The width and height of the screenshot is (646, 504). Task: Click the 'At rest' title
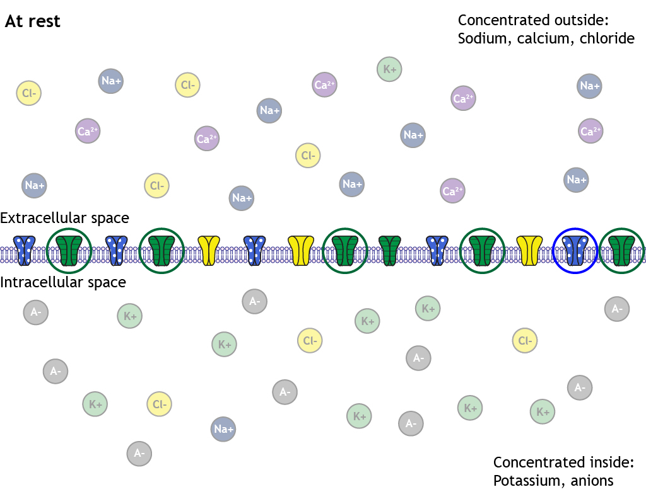33,21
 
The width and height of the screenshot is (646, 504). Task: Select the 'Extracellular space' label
64,218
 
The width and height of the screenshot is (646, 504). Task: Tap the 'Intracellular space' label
63,282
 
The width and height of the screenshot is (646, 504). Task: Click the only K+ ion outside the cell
389,69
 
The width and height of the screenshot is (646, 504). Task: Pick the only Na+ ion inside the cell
223,429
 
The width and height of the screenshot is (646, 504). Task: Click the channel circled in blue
575,250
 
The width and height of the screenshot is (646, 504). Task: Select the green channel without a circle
389,250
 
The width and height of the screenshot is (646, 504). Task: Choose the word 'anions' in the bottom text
592,481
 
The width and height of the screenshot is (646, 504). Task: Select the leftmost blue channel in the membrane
25,250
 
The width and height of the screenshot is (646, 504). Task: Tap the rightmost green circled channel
621,250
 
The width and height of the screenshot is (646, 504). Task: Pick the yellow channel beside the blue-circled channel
530,250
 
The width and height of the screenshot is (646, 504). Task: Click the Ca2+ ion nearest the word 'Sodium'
463,98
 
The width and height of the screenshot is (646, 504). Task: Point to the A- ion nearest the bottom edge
139,452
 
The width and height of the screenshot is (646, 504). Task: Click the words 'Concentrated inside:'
563,462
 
